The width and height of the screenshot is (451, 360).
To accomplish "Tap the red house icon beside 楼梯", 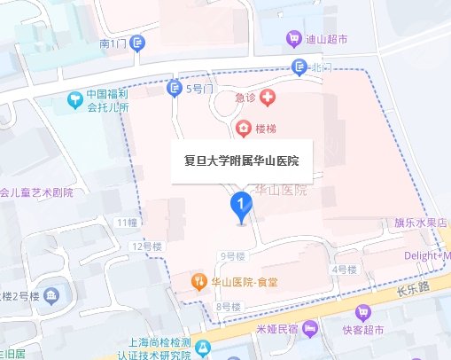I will click(244, 129).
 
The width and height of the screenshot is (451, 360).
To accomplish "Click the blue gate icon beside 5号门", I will click(175, 88).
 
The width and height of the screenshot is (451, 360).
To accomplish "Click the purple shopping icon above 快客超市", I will click(362, 313).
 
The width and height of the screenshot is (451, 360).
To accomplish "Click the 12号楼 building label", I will click(145, 244).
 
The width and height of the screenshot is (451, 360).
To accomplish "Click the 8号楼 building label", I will click(228, 307).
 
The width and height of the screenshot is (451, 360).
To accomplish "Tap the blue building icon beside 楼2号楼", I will click(51, 294).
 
